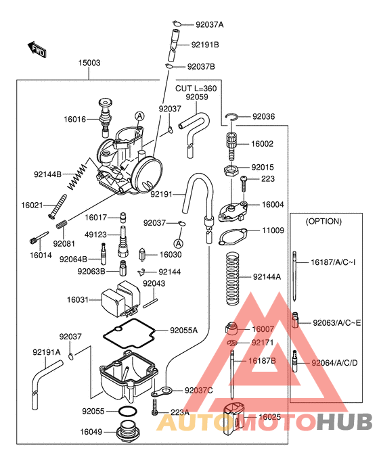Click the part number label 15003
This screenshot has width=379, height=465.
pos(89,63)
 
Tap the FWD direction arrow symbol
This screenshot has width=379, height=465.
pos(37,49)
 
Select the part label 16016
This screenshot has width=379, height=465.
pos(75,119)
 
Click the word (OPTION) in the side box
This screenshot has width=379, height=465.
pos(324,221)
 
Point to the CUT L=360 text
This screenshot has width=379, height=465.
pos(196,89)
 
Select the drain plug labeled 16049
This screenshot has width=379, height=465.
pos(127,431)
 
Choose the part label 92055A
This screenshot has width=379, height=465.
pos(183,331)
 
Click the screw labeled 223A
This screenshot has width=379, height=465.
pos(156,406)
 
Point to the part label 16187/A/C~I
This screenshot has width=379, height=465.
pos(333,262)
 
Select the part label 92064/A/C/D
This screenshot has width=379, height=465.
pos(335,363)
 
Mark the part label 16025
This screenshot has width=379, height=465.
pos(270,417)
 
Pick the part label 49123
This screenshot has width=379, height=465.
pos(95,235)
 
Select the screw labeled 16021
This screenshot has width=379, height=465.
pos(54,205)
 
